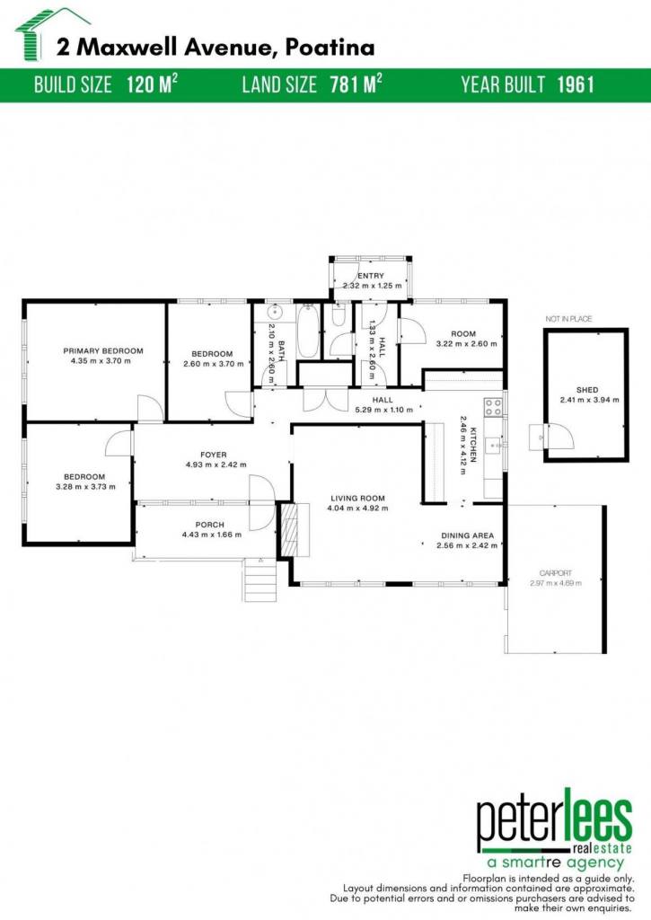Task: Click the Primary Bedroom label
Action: (x=103, y=351)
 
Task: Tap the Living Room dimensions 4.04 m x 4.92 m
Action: (x=357, y=509)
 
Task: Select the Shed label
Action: (x=587, y=390)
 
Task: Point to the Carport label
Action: (x=556, y=573)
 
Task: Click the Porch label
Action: (x=209, y=525)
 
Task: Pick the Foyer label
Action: (x=213, y=455)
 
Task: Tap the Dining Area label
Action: (x=468, y=535)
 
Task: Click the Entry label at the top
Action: (x=371, y=275)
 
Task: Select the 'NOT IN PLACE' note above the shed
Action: (x=568, y=319)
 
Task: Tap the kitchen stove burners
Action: (x=493, y=407)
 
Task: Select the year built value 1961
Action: (x=576, y=84)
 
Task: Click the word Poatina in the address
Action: (x=330, y=48)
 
